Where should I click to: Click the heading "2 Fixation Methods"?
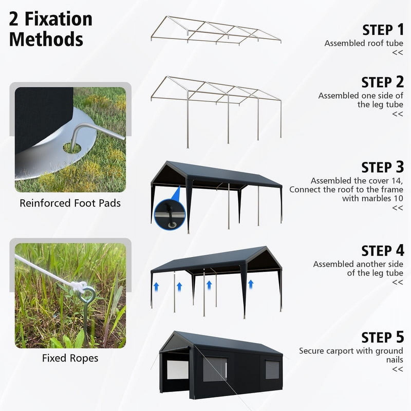(x=51, y=29)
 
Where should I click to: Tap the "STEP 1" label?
(x=383, y=30)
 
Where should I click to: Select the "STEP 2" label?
(x=382, y=82)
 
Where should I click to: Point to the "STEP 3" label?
(x=382, y=167)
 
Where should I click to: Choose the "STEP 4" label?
(x=382, y=251)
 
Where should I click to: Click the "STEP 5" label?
(x=382, y=337)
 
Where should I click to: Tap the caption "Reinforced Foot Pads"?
(x=70, y=203)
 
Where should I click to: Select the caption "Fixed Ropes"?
(x=70, y=358)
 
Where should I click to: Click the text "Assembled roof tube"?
(x=364, y=43)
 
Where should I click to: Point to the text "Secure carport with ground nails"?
(x=351, y=355)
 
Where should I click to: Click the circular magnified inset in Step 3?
(x=170, y=214)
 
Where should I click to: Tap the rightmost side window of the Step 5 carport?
(x=272, y=370)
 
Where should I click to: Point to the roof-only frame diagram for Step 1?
(x=216, y=31)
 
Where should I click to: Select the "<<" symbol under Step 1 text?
(x=398, y=53)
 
